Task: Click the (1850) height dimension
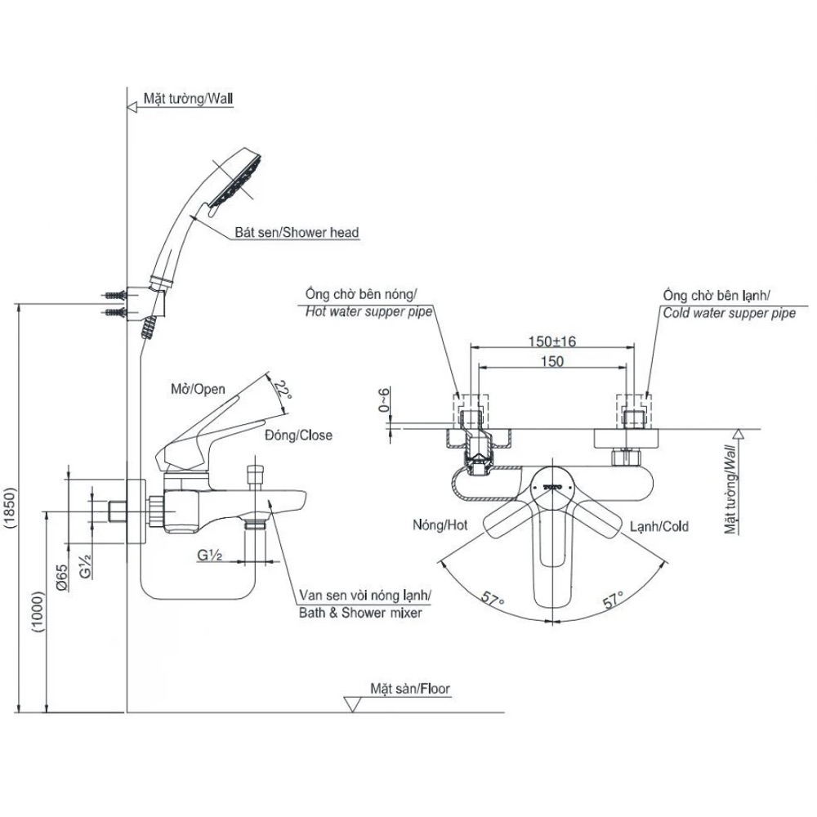point(11,508)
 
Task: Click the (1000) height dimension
point(39,612)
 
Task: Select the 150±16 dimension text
point(551,342)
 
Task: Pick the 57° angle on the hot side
point(493,599)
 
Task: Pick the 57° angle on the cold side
point(614,600)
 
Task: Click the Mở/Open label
point(198,389)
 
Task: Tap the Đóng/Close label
point(298,435)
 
